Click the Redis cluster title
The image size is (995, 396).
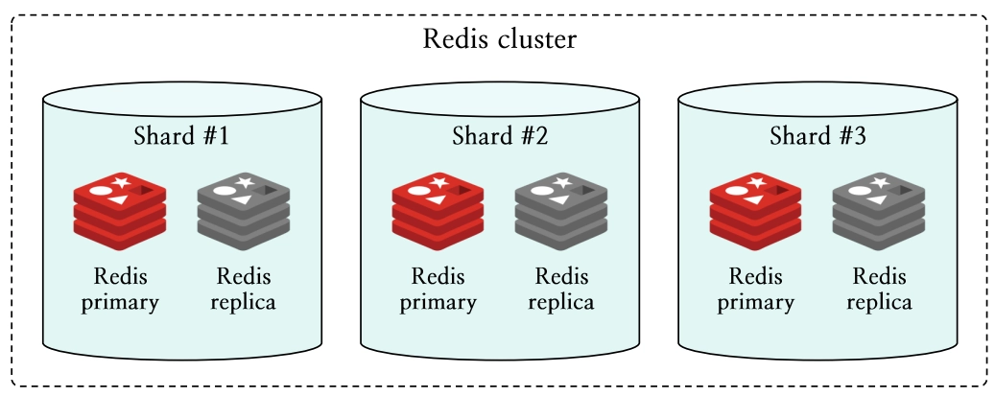[499, 41]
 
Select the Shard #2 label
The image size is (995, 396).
[500, 135]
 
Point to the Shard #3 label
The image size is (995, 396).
[817, 135]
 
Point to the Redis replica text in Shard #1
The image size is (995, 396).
[244, 290]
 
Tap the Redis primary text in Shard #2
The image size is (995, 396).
[438, 290]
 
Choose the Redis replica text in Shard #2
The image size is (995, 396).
[561, 290]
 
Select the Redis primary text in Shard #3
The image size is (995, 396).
[756, 290]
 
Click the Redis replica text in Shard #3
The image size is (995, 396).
[879, 290]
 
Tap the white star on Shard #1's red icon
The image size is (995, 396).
[122, 181]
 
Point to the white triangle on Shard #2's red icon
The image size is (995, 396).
[437, 199]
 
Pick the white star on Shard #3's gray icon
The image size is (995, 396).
[881, 181]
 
